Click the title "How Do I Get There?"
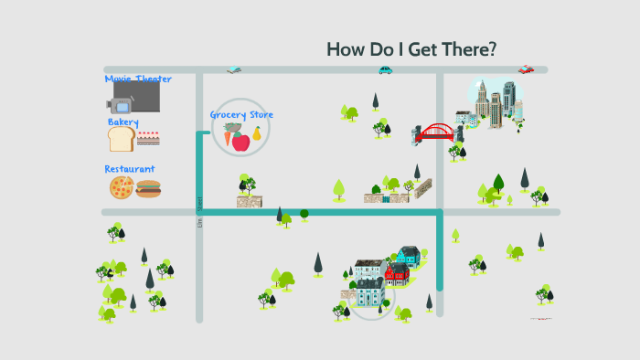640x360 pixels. pos(411,49)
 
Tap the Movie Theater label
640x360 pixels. pos(138,79)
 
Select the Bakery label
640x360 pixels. pos(123,122)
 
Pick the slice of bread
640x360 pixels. pos(121,139)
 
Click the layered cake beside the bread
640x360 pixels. pos(147,138)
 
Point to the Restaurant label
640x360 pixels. pos(130,169)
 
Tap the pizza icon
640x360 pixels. pos(122,188)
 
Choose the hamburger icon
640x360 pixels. pos(148,188)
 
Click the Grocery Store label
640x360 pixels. pos(241,115)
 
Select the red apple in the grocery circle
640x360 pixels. pos(241,141)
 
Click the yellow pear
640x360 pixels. pos(257,134)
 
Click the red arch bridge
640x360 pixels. pos(437,133)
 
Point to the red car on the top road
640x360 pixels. pos(526,69)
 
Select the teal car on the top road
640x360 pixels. pos(386,69)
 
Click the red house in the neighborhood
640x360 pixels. pos(396,274)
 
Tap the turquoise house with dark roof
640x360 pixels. pos(408,255)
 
